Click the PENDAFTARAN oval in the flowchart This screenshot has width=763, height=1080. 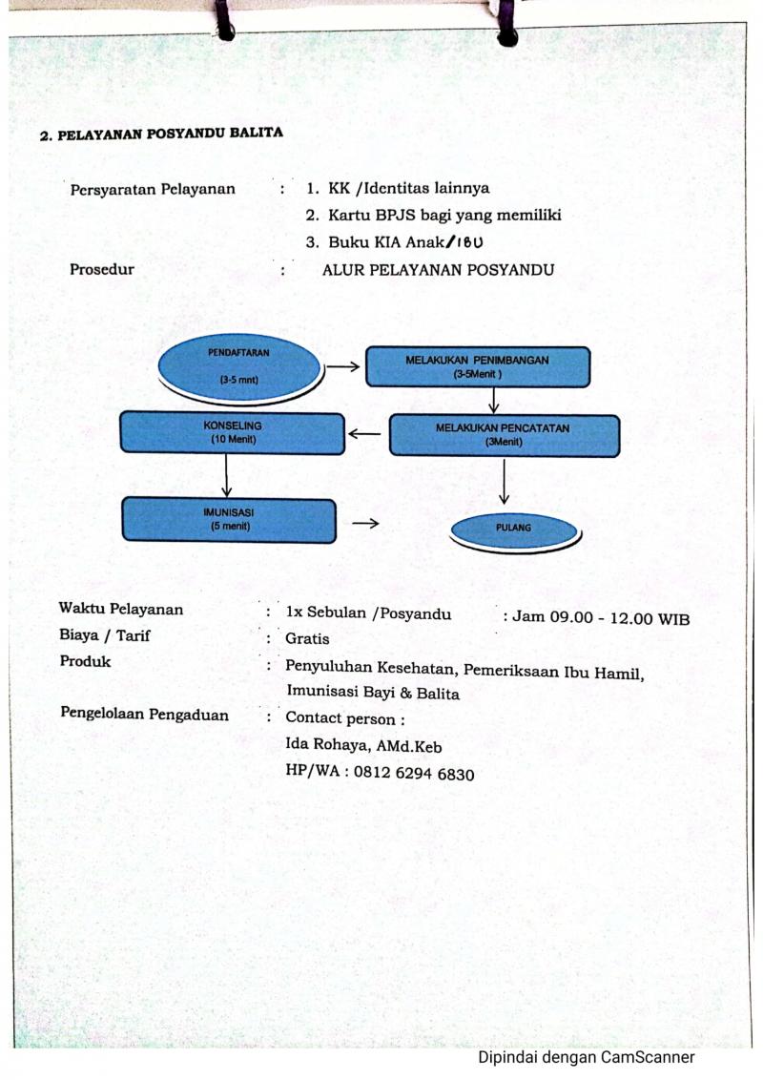[x=239, y=367]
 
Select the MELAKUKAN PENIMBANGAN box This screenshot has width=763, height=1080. [x=477, y=366]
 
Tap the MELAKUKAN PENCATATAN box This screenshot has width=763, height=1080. [x=505, y=435]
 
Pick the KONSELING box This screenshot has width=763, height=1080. [x=232, y=432]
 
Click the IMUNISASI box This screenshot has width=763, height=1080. [x=229, y=519]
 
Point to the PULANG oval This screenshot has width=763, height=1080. [x=514, y=531]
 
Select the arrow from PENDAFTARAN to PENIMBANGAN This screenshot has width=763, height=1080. [x=343, y=366]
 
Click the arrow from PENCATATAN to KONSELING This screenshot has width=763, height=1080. [x=364, y=434]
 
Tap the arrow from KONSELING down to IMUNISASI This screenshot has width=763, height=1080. [x=227, y=475]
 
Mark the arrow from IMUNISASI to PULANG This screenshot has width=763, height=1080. [x=365, y=524]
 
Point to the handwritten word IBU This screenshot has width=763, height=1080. [x=470, y=241]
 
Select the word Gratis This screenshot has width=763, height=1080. [x=307, y=639]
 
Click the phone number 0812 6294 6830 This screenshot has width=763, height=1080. [x=414, y=773]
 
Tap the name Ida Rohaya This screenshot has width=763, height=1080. [x=327, y=744]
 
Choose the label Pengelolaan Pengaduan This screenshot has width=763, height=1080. [x=145, y=714]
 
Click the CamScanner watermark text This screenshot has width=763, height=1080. [x=587, y=1057]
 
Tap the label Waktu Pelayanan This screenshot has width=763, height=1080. [x=120, y=608]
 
